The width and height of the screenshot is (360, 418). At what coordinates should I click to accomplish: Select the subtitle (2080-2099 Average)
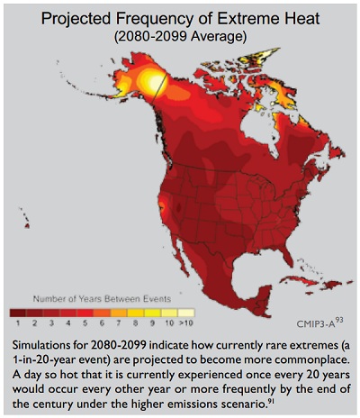click(180, 36)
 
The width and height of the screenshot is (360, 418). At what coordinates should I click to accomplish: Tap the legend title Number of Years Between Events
click(102, 299)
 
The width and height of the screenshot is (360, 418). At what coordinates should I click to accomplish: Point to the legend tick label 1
click(18, 323)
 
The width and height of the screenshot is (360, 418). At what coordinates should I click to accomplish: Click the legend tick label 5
click(85, 323)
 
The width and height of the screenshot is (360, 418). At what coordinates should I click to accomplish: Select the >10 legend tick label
click(186, 323)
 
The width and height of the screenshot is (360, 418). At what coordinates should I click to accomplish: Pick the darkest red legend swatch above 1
click(18, 313)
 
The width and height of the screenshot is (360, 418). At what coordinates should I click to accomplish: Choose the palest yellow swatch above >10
click(186, 313)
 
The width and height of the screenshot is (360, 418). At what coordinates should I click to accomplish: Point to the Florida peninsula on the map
click(287, 255)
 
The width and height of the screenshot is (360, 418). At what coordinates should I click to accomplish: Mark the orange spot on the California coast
click(162, 207)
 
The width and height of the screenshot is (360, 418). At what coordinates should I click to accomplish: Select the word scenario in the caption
click(242, 404)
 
